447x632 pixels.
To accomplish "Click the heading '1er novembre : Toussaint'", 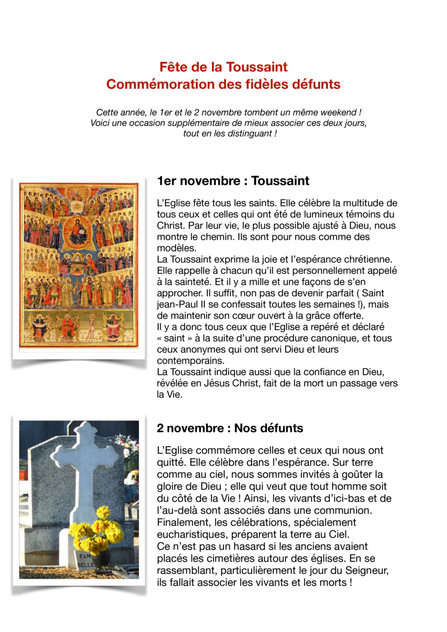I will click(233, 181).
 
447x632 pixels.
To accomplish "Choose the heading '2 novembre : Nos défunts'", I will click(230, 428).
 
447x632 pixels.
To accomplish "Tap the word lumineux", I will click(314, 214).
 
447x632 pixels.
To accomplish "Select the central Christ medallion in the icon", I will click(78, 233).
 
